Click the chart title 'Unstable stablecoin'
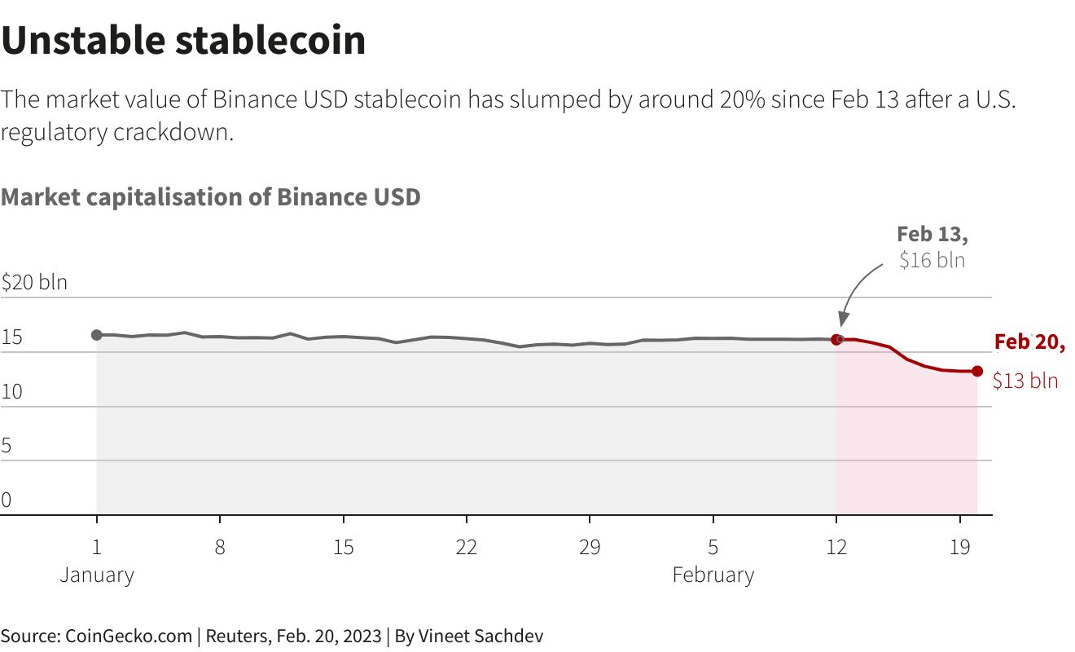[183, 41]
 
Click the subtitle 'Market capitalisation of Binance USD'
[211, 197]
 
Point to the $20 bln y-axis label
[34, 283]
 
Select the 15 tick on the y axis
[12, 338]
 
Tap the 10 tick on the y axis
[12, 392]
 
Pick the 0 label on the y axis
[7, 500]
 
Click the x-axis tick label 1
[97, 547]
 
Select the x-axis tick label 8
[220, 547]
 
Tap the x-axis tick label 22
[466, 547]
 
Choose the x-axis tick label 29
[590, 547]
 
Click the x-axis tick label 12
[836, 547]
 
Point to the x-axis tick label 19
[960, 547]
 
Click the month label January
[97, 575]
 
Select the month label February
[713, 575]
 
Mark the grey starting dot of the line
[97, 335]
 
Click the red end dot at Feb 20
[977, 371]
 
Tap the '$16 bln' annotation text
[932, 261]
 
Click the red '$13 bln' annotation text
[1025, 381]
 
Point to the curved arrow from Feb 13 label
[855, 289]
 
